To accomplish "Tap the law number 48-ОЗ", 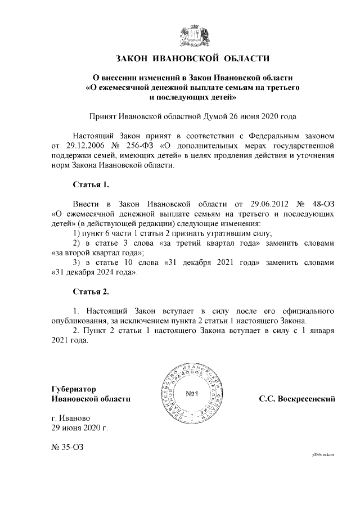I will pyautogui.click(x=323, y=203).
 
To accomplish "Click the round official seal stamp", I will pyautogui.click(x=190, y=394).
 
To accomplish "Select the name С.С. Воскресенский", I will pyautogui.click(x=297, y=399).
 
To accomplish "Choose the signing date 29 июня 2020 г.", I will pyautogui.click(x=79, y=428).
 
